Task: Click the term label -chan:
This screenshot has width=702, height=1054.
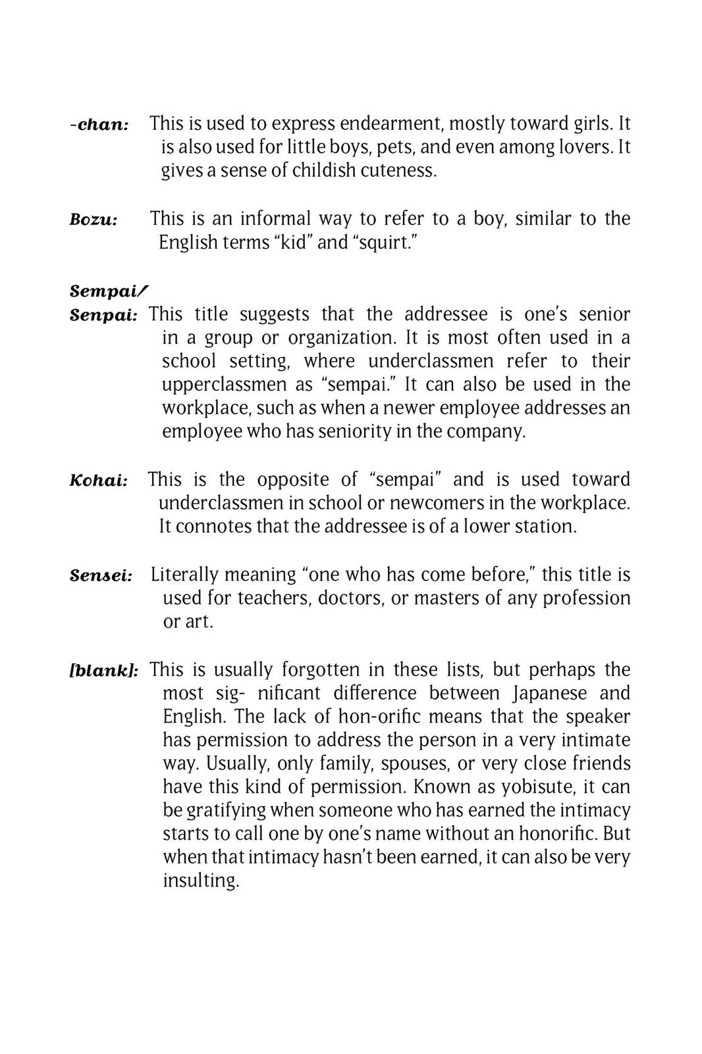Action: click(x=99, y=125)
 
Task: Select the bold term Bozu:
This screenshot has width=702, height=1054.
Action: click(x=94, y=219)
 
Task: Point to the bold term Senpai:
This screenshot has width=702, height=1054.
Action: click(x=103, y=315)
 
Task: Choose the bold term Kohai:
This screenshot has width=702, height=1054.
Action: click(x=98, y=480)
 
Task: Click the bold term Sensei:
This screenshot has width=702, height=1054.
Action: click(x=101, y=575)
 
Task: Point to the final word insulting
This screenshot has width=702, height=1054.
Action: click(x=201, y=881)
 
